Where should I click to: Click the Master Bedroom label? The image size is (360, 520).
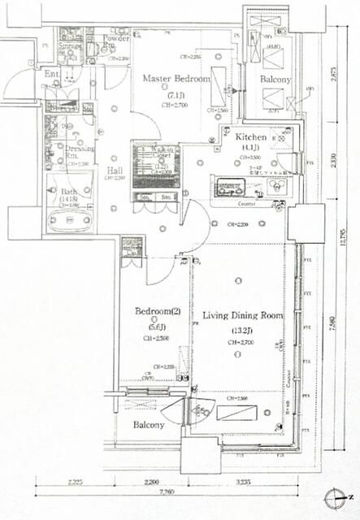(176, 80)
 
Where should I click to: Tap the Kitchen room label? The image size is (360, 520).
(253, 138)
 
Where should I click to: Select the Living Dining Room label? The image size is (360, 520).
(242, 314)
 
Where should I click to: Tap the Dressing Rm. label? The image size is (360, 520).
(79, 152)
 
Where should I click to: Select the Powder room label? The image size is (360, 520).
(117, 39)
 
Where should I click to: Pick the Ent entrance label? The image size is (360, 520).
(52, 76)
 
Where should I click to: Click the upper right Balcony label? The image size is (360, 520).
(275, 80)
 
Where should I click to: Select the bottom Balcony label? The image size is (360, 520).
(149, 425)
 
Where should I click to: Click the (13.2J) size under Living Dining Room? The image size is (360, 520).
(242, 331)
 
